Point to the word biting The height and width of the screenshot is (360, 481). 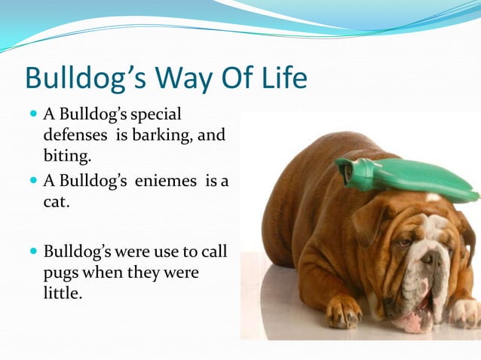(68, 157)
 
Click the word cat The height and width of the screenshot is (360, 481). (57, 203)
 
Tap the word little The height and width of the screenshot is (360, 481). (62, 293)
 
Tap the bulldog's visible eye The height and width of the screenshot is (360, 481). (406, 242)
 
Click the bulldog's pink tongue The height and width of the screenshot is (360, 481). (413, 320)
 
